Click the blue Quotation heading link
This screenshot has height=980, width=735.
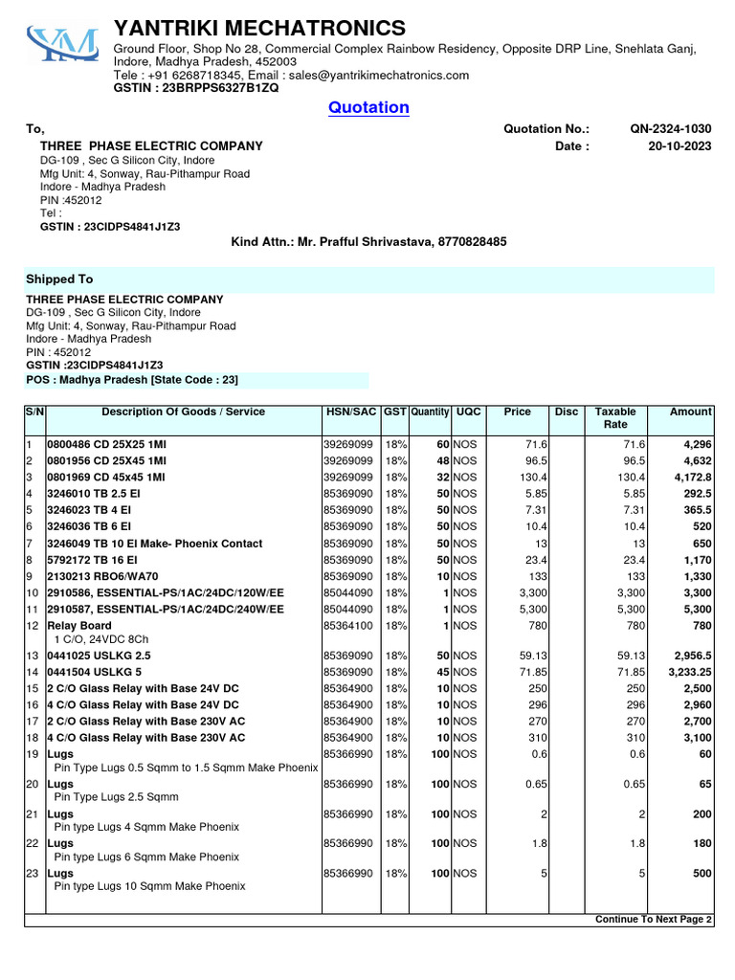[368, 107]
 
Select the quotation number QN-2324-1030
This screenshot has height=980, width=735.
[670, 129]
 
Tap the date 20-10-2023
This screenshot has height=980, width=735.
[679, 146]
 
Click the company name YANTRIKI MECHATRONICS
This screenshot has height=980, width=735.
[259, 28]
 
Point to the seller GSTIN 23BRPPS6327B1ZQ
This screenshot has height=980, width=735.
[196, 88]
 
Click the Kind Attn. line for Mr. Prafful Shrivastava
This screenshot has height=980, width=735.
[368, 242]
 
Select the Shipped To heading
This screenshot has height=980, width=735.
[59, 279]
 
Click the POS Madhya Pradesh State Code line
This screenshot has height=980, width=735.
[131, 380]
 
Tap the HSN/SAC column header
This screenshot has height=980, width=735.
[350, 412]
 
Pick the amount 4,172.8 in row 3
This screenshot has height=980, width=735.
[692, 478]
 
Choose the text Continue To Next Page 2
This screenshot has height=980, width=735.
[654, 919]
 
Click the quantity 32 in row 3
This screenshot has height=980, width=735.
[443, 478]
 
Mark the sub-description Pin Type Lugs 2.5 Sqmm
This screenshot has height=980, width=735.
[117, 796]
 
